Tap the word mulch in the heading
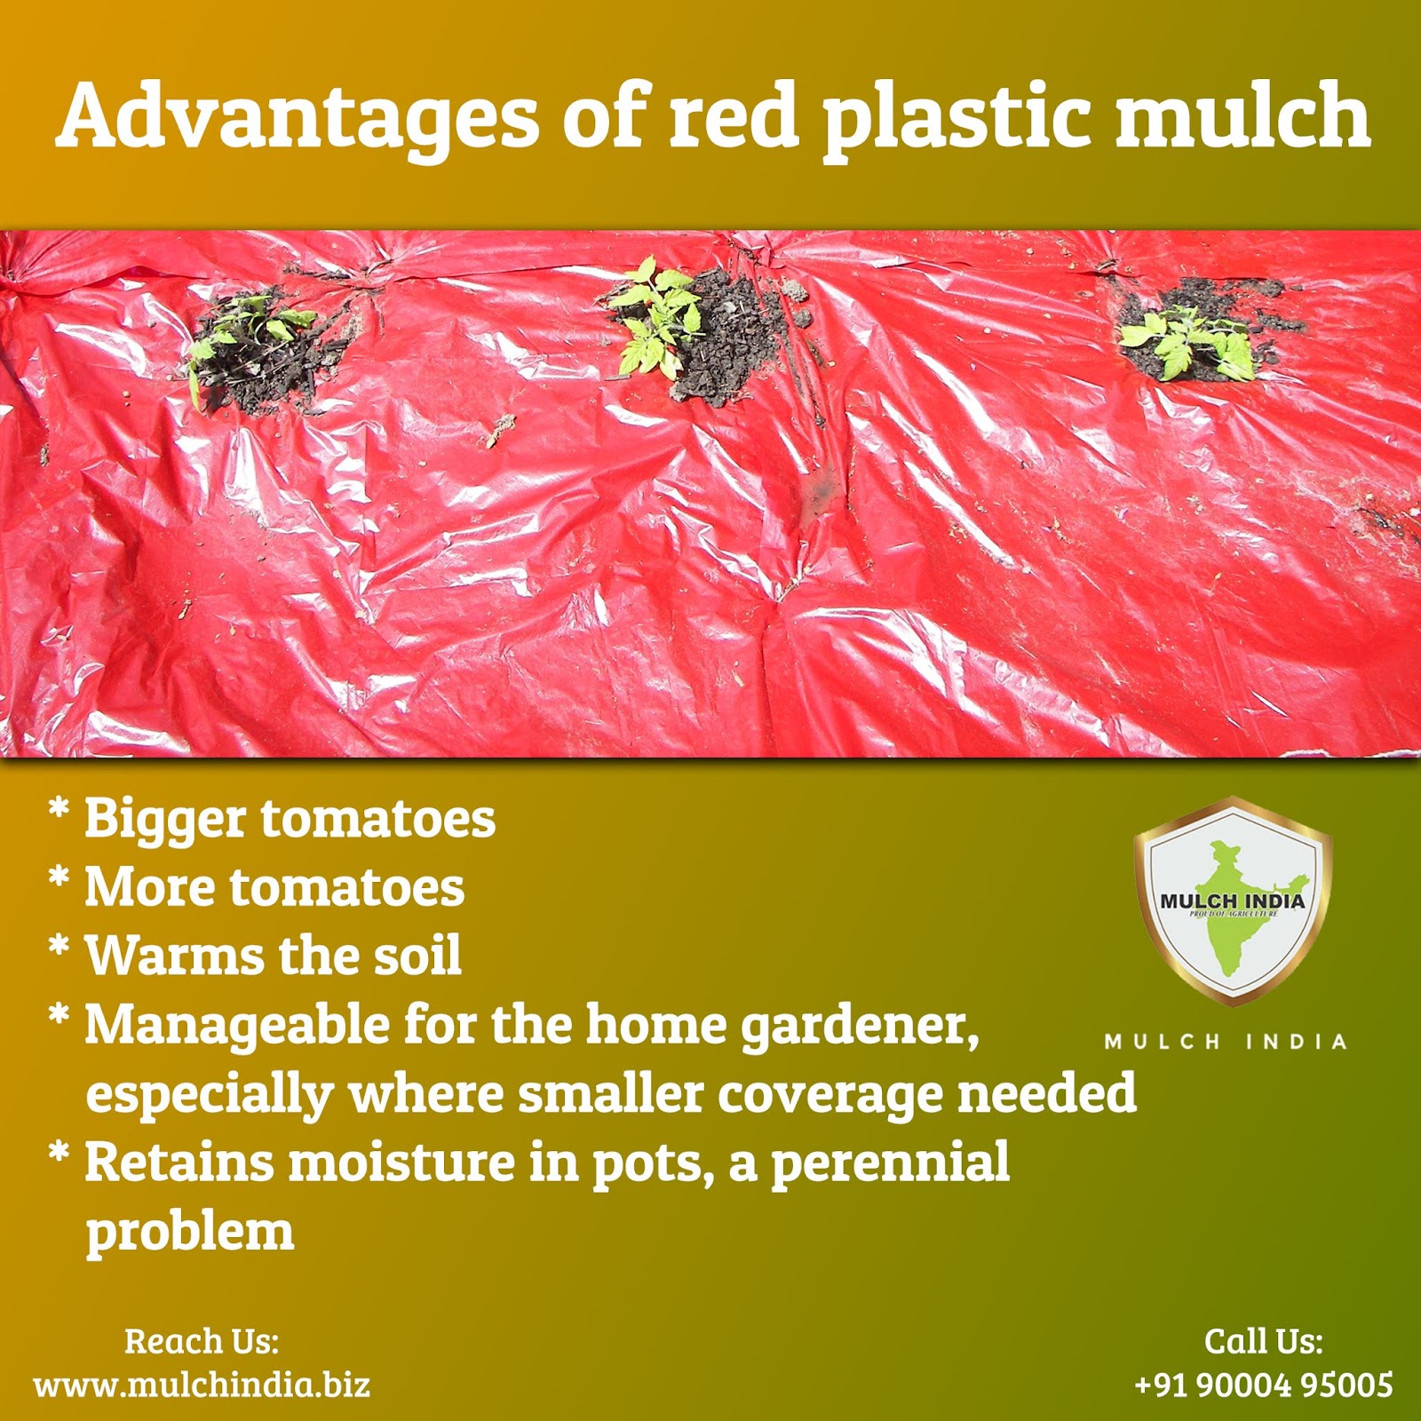1242,115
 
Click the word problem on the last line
189,1233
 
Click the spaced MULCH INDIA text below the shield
1226,1042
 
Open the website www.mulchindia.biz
202,1385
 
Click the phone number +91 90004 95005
1263,1385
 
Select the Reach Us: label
202,1341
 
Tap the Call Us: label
1263,1341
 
